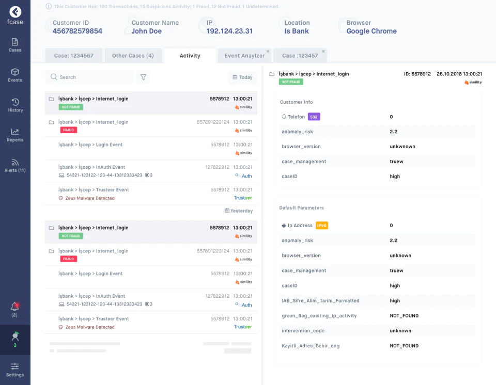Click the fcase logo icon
(x=15, y=12)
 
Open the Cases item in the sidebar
(x=15, y=45)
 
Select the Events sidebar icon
(x=15, y=75)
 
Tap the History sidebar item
(x=15, y=105)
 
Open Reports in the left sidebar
(x=15, y=135)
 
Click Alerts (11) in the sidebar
(x=15, y=166)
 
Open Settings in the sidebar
(x=15, y=370)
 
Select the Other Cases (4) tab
(x=133, y=56)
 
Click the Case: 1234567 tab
(x=74, y=56)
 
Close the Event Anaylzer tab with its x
(x=268, y=51)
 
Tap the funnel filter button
(x=143, y=77)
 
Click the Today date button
(x=243, y=77)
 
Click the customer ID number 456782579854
(x=77, y=31)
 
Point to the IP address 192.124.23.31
(x=229, y=31)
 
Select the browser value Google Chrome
(x=371, y=31)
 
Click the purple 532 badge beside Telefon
(x=314, y=117)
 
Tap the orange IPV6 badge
(x=322, y=226)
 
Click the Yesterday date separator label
(x=239, y=211)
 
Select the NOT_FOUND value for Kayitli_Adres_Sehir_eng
(x=404, y=346)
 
